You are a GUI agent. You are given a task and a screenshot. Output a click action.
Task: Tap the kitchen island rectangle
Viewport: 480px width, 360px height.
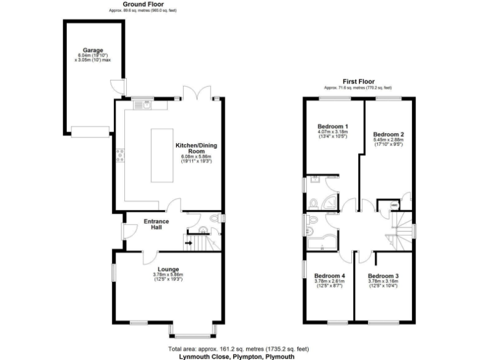coord(162,156)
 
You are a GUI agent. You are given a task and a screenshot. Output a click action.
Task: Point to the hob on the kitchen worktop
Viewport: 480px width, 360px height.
coord(120,155)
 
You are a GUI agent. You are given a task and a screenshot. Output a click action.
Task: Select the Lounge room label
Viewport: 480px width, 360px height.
coord(167,269)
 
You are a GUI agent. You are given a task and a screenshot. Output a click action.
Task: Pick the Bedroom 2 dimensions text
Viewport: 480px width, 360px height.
coord(389,142)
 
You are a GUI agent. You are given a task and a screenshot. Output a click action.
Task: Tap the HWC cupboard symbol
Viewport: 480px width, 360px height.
coord(395,204)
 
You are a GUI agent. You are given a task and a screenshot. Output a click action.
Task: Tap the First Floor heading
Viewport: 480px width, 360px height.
coord(359,81)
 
